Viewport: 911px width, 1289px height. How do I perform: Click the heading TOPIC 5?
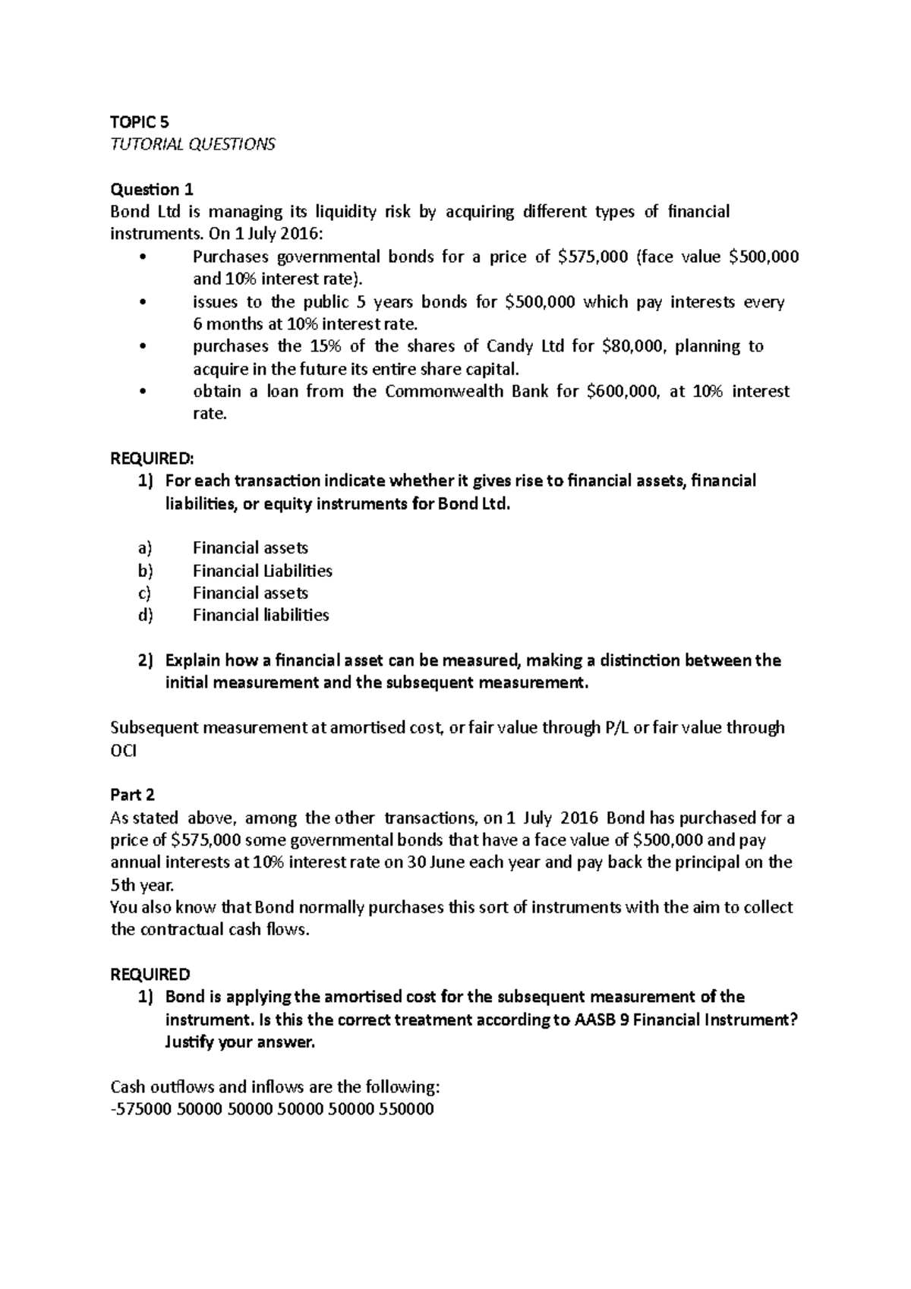(x=140, y=121)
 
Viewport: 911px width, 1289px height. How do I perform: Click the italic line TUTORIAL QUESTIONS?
(x=193, y=144)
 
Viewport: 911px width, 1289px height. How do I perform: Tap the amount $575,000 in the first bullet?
(x=592, y=257)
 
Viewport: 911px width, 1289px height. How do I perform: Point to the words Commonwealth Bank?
(x=466, y=392)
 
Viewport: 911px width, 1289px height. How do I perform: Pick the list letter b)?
(x=145, y=571)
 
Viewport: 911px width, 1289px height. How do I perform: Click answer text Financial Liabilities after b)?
(x=262, y=571)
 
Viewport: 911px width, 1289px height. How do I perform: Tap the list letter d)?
(x=145, y=616)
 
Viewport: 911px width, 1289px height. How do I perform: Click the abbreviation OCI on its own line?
(x=125, y=750)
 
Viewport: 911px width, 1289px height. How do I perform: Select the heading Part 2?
(x=132, y=795)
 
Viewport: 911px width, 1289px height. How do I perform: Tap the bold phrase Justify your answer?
(x=239, y=1042)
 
